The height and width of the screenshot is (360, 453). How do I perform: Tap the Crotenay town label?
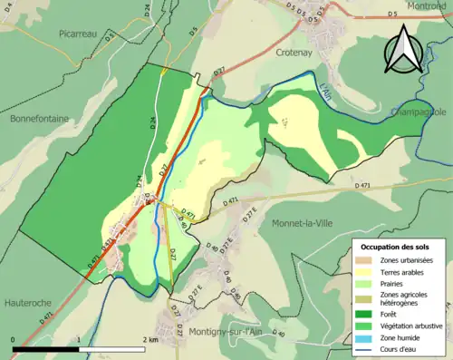coord(295,53)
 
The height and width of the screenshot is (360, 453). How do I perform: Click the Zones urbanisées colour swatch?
coord(366,261)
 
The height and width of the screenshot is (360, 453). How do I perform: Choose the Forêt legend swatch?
coord(366,316)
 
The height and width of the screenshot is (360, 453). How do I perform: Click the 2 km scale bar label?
coord(149,339)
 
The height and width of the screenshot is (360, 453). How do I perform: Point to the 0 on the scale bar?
coord(14,339)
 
